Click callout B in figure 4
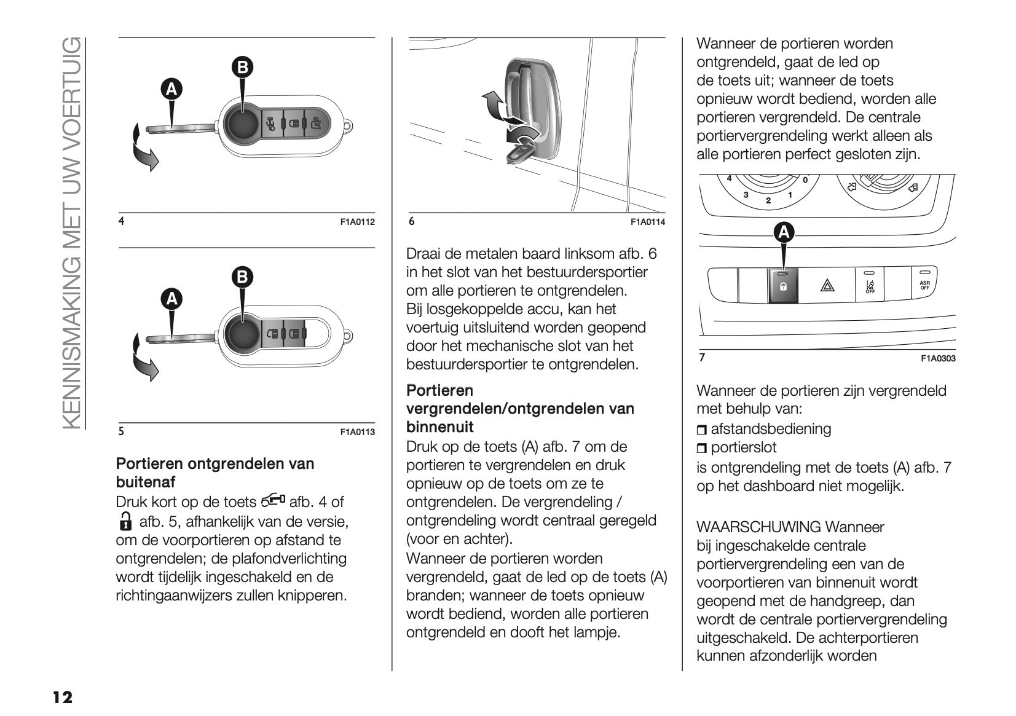(242, 67)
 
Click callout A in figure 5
(172, 299)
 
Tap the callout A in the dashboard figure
(783, 232)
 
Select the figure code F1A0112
(357, 222)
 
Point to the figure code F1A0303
(938, 359)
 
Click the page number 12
(62, 698)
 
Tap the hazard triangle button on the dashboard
(825, 285)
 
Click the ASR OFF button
(924, 284)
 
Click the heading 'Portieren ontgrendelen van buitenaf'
(215, 473)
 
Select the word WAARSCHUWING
(758, 527)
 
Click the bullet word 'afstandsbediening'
(771, 429)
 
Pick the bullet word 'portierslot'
(744, 447)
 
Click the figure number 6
(412, 221)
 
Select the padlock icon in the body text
(125, 521)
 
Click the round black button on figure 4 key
(244, 122)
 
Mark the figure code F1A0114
(647, 222)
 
